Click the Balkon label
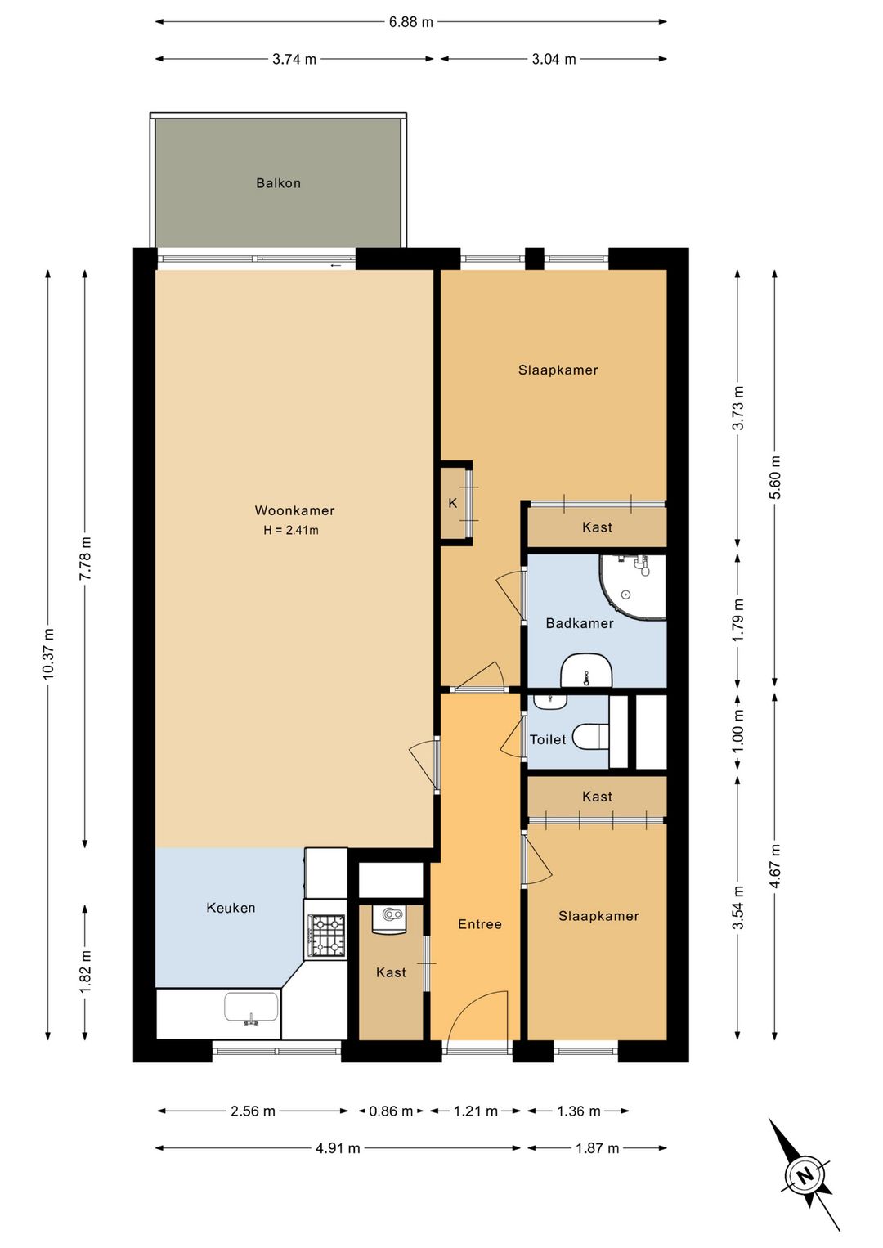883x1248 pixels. (278, 182)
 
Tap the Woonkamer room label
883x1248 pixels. (294, 510)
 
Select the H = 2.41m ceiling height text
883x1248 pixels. (291, 530)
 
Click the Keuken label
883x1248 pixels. (231, 908)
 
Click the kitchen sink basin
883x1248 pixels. (251, 1007)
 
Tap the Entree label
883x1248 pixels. (480, 924)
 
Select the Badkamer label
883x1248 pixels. (580, 623)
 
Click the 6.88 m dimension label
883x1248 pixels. (410, 22)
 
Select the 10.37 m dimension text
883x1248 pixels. (48, 653)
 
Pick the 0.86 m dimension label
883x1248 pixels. (391, 1111)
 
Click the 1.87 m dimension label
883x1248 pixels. (597, 1147)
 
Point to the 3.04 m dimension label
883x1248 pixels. (554, 59)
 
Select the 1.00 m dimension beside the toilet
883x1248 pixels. (738, 730)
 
